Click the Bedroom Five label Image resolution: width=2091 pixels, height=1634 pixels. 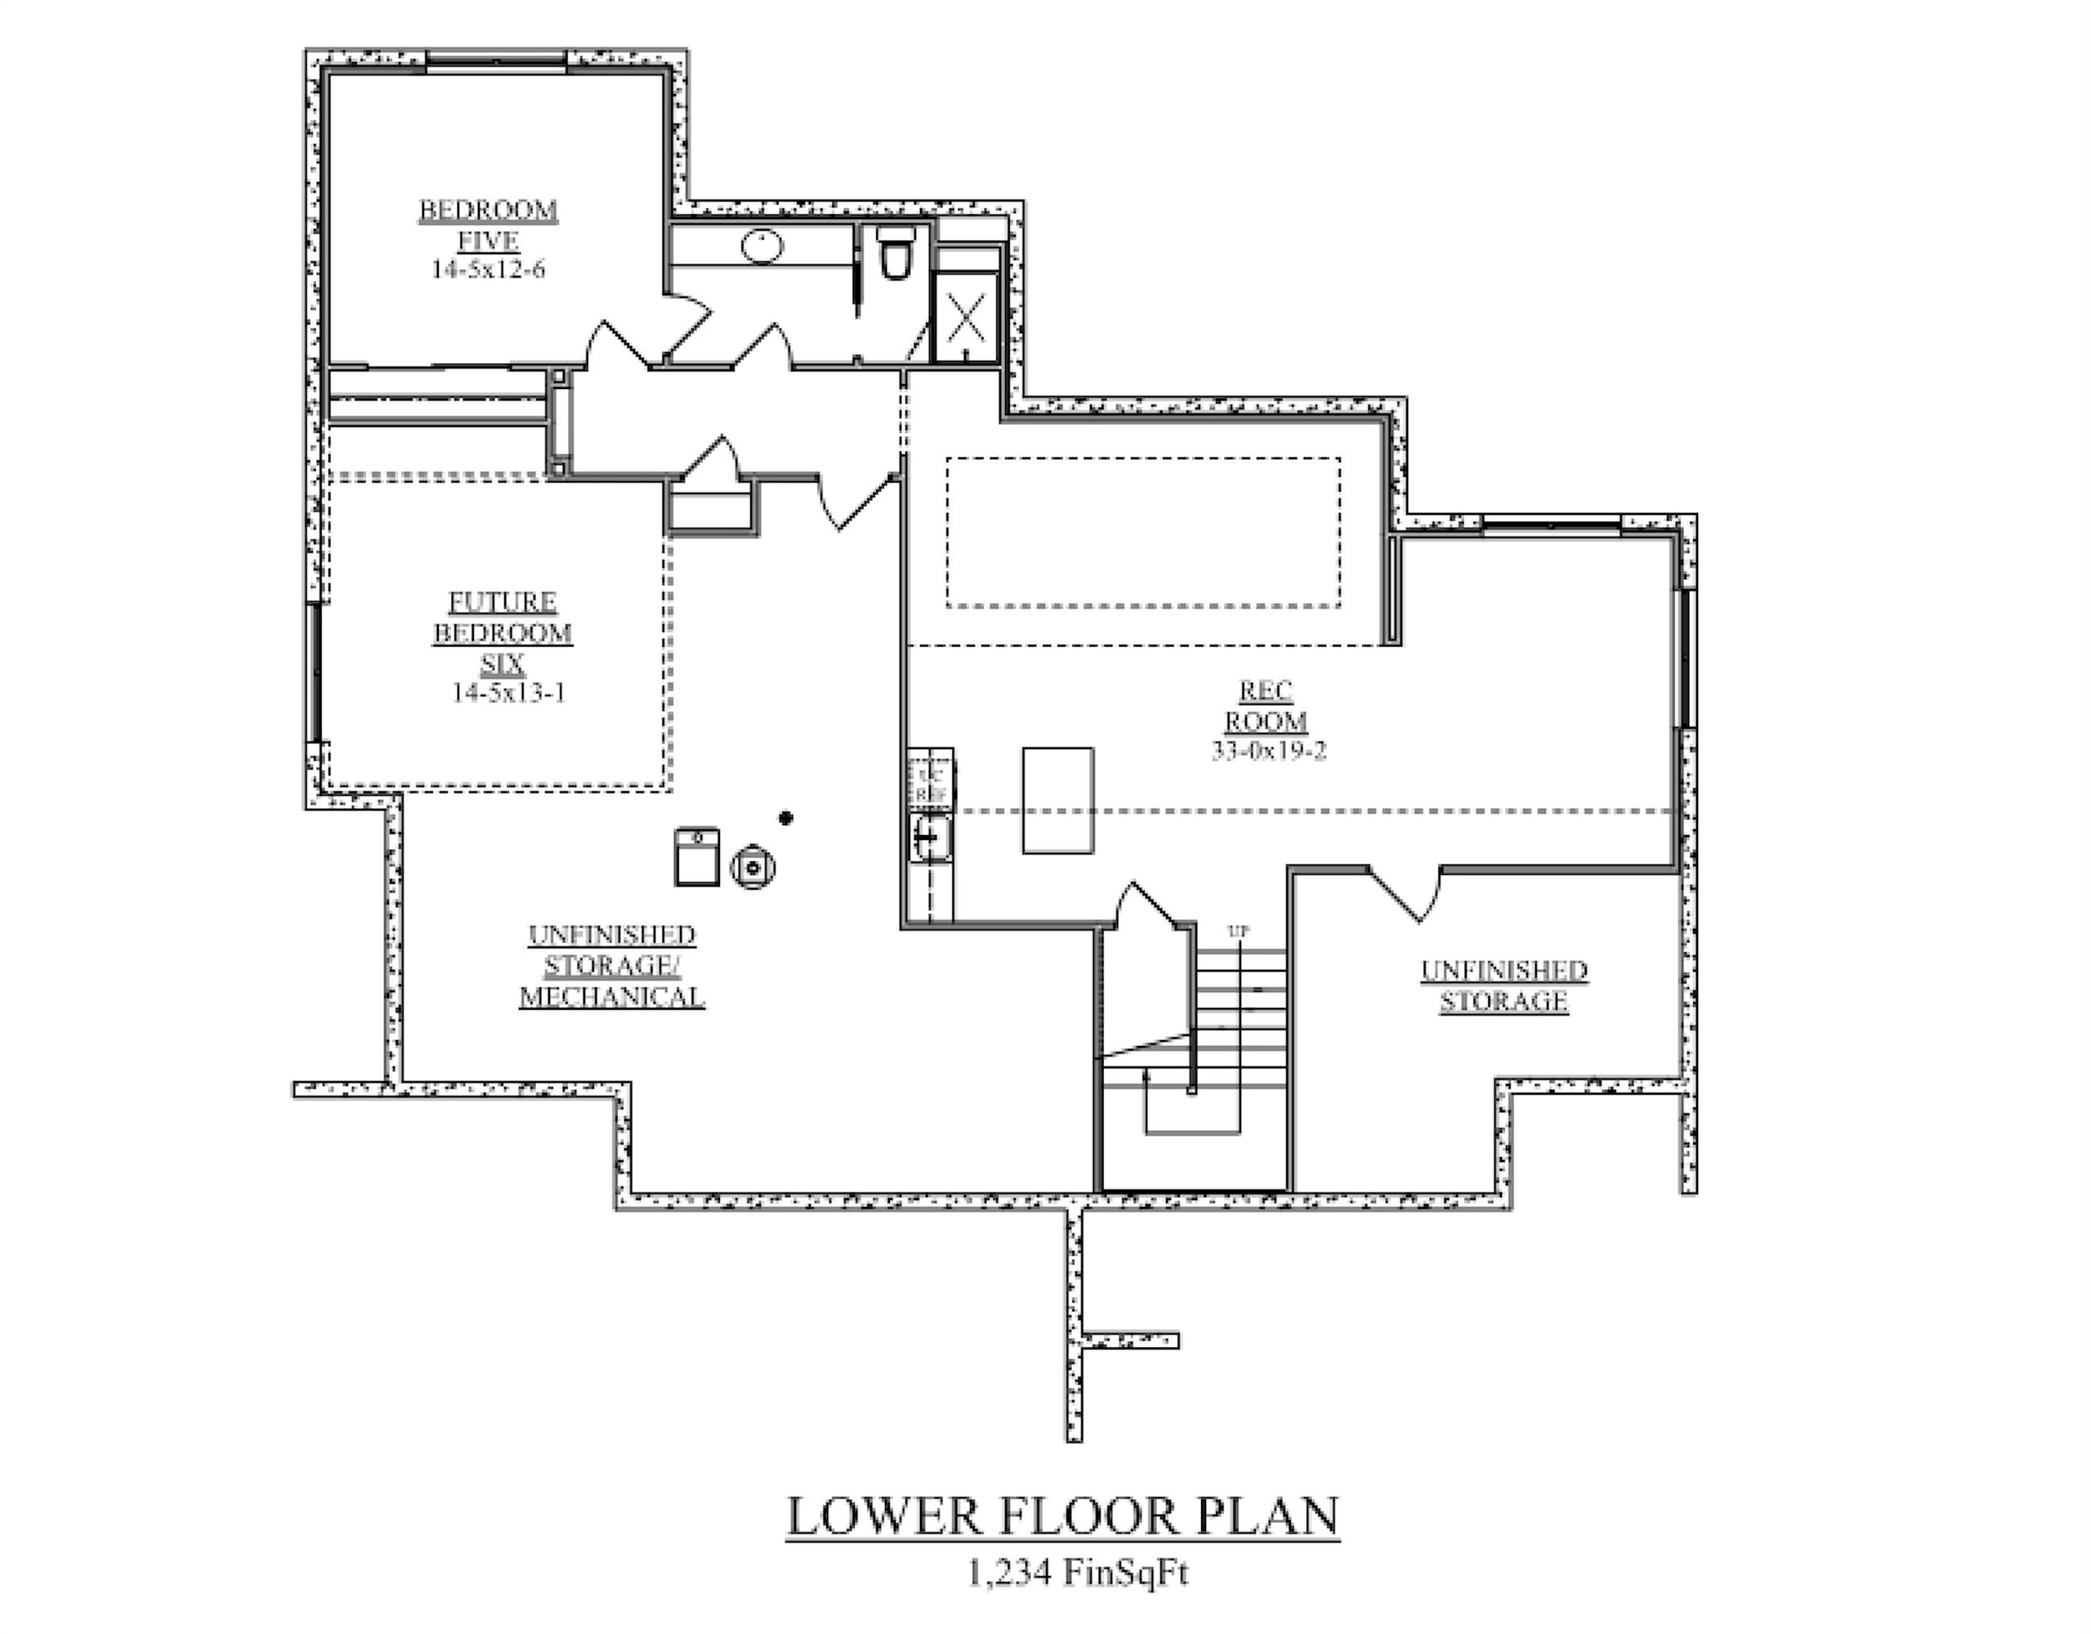pyautogui.click(x=489, y=224)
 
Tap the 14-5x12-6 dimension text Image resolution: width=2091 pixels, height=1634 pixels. pyautogui.click(x=489, y=270)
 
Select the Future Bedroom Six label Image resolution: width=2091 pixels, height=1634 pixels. pyautogui.click(x=503, y=632)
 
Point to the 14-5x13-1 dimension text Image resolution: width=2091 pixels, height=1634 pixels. pyautogui.click(x=508, y=692)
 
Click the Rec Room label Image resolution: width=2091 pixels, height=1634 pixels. pyautogui.click(x=1266, y=706)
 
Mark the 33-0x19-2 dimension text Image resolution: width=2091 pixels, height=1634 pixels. pyautogui.click(x=1269, y=752)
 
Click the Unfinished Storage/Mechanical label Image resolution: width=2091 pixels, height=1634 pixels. pyautogui.click(x=612, y=966)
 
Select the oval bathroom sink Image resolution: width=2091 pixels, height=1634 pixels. pyautogui.click(x=762, y=246)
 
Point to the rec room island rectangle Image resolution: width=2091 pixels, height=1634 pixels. pyautogui.click(x=1058, y=800)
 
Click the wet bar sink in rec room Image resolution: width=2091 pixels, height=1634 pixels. pyautogui.click(x=930, y=838)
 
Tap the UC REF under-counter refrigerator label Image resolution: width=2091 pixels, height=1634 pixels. pyautogui.click(x=931, y=785)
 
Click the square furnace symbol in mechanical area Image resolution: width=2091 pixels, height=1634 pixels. pyautogui.click(x=697, y=857)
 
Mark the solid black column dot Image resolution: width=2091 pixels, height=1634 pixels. pyautogui.click(x=785, y=818)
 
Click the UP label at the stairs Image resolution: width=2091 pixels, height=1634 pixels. pyautogui.click(x=1238, y=931)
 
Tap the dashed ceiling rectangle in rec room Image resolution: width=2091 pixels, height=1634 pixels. pyautogui.click(x=1143, y=532)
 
